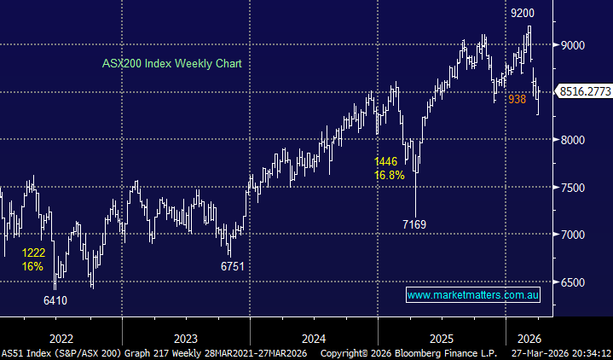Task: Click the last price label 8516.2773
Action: [584, 90]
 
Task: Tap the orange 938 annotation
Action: [517, 100]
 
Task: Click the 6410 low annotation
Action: [56, 300]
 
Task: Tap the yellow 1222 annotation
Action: [35, 253]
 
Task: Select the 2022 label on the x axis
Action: [61, 337]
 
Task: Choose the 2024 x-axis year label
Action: [313, 337]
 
